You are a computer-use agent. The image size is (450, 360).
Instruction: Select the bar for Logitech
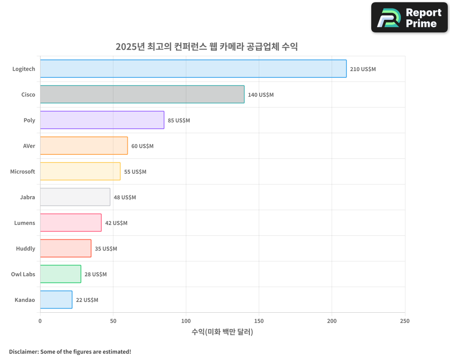(193, 69)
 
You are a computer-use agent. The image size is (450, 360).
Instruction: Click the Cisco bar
(142, 94)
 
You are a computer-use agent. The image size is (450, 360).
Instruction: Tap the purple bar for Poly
(102, 120)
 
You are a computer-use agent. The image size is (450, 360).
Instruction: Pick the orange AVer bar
(84, 146)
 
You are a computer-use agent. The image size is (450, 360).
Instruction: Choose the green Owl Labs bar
(60, 274)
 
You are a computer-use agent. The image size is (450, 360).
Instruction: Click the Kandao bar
(56, 300)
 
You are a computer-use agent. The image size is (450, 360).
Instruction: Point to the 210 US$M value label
(363, 69)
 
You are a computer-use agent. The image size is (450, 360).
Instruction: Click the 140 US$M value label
(261, 95)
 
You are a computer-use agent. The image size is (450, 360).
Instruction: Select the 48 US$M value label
(125, 198)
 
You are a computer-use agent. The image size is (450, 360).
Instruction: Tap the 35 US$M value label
(106, 249)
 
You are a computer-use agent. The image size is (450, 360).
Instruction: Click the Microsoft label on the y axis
(22, 171)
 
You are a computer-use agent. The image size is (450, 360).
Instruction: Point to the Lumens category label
(24, 223)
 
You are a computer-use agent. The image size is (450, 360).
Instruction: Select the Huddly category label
(25, 248)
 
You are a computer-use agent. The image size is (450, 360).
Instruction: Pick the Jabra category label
(27, 197)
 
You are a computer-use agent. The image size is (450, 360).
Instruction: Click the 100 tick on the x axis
(186, 321)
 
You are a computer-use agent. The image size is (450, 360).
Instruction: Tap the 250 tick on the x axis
(405, 321)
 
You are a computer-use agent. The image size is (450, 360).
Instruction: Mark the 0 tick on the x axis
(40, 321)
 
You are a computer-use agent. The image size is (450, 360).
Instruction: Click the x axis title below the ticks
(222, 332)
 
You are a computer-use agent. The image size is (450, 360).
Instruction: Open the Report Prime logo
(409, 18)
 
